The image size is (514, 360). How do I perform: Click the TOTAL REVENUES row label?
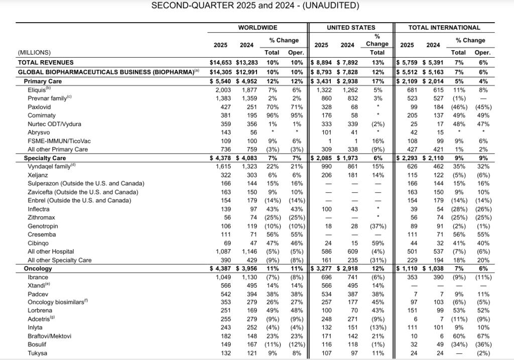click(46, 63)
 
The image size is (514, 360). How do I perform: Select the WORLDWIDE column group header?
click(258, 28)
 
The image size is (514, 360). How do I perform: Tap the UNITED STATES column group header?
click(351, 28)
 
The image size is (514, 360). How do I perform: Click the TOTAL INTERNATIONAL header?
click(444, 28)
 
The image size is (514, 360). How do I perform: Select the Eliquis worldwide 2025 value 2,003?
click(221, 89)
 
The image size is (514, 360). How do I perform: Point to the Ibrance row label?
click(39, 277)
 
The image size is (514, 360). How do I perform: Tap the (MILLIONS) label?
click(34, 52)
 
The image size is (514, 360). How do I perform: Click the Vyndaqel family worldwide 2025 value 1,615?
click(221, 166)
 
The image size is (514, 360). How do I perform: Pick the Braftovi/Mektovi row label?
click(50, 336)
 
